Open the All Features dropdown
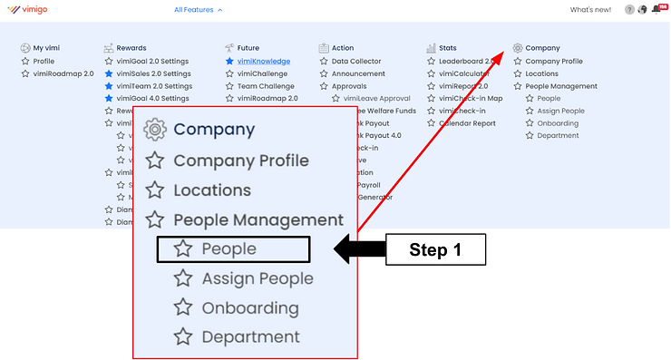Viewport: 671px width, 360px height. click(198, 10)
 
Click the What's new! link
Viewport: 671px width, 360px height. click(590, 10)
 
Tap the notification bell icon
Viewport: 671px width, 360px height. click(656, 10)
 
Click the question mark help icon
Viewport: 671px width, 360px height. click(629, 10)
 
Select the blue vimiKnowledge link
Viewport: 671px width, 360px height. click(262, 62)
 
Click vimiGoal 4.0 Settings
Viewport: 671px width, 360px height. click(153, 98)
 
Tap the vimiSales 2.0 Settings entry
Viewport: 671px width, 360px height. click(153, 73)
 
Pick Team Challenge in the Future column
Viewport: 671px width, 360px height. click(267, 86)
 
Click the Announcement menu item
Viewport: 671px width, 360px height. click(358, 73)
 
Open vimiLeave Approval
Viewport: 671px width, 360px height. click(377, 98)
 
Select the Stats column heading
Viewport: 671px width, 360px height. click(447, 48)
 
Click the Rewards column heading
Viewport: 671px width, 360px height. click(131, 48)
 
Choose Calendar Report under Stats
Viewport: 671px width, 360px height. click(467, 122)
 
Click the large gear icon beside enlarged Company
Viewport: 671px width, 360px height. click(155, 130)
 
